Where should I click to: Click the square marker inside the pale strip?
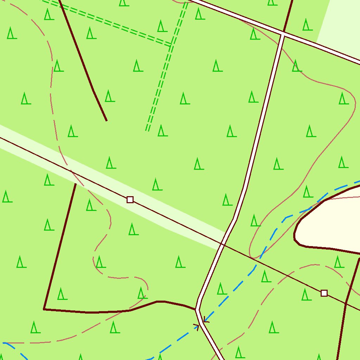[130, 200]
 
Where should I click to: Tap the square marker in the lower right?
[324, 293]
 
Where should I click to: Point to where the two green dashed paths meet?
[171, 45]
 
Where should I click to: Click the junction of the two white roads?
[282, 34]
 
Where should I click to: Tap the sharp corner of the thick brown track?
[44, 309]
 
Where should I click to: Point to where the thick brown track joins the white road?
[196, 310]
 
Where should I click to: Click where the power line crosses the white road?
[222, 244]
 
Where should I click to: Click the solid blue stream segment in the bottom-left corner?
[14, 348]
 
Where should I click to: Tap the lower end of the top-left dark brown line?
[106, 121]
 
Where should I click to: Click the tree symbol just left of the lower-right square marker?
[306, 295]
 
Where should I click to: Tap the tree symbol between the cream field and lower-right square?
[338, 262]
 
